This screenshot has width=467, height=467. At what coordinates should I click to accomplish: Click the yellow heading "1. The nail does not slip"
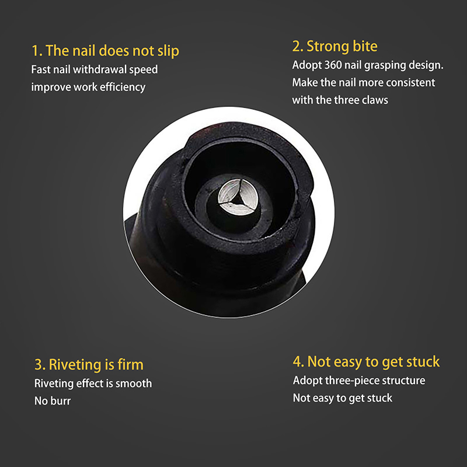pos(106,51)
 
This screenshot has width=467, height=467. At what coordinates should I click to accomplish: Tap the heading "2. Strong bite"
pos(334,46)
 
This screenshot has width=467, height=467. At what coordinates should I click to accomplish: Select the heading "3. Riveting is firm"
pos(89,364)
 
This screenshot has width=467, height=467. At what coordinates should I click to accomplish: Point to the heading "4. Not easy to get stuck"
pos(366,362)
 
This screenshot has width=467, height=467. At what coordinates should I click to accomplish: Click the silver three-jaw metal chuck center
pos(238,197)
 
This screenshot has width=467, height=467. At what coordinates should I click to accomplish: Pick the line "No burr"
pos(53,401)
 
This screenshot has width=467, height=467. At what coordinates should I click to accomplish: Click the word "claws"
pos(375,100)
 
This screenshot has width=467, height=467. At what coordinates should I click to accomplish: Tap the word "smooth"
pos(134,384)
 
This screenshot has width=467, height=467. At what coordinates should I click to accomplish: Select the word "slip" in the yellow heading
pos(168,51)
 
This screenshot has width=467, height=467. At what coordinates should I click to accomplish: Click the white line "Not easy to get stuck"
pos(343,398)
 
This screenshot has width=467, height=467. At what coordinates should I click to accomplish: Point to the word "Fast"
pos(41,69)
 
